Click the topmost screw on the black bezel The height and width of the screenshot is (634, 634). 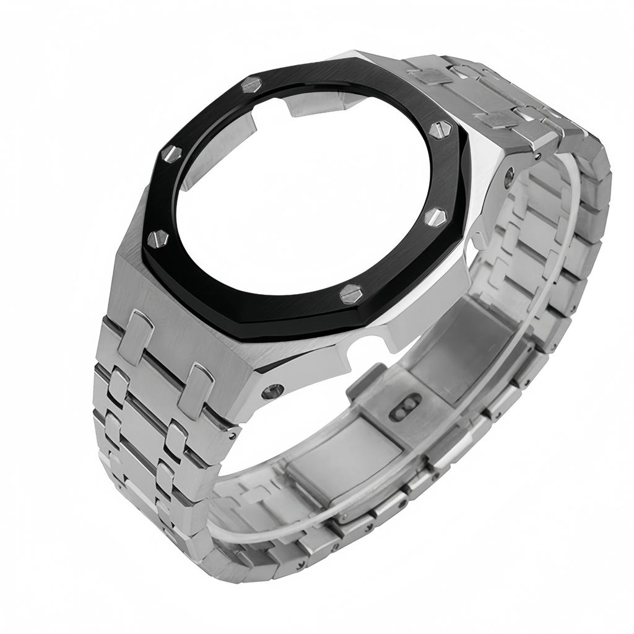click(251, 84)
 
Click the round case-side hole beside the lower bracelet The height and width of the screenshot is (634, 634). click(272, 391)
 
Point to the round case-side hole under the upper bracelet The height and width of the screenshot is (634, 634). click(509, 177)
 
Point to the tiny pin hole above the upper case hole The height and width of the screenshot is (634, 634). click(541, 156)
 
